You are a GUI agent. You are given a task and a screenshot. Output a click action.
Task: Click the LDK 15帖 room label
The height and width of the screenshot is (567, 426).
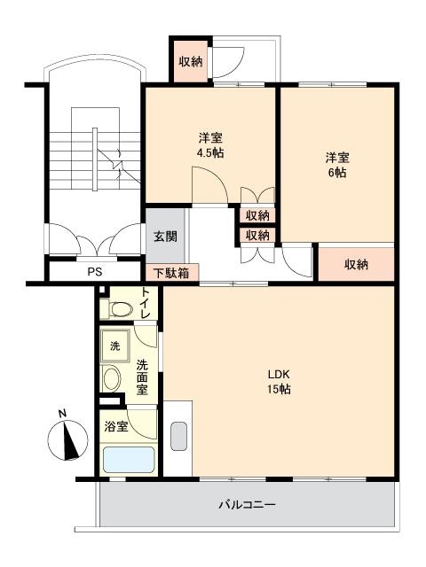pos(279,382)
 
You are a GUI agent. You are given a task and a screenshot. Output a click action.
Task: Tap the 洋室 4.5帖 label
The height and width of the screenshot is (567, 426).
pos(210,145)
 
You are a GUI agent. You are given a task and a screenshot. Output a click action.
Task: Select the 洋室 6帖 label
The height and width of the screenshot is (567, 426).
pos(337,166)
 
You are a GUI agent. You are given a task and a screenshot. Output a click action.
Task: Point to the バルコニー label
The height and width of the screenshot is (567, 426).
pos(247,504)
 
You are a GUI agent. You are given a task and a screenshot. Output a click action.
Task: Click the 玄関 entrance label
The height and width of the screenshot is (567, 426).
pos(166,237)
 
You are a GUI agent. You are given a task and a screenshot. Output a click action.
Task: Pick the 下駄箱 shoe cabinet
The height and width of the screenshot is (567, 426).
pos(172,272)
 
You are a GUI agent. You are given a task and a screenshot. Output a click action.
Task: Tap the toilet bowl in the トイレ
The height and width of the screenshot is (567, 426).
pos(116,309)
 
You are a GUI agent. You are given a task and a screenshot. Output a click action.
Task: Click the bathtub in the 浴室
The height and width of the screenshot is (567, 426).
pos(129,460)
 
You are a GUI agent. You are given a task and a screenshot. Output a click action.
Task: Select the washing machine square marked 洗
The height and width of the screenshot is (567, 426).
pos(115,346)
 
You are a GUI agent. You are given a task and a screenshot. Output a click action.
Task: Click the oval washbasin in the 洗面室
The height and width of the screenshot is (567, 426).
pos(111,378)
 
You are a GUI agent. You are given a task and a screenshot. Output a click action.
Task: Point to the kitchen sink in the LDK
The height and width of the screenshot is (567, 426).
pos(178,436)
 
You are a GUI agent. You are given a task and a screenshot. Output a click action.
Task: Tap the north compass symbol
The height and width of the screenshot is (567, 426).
pos(67,440)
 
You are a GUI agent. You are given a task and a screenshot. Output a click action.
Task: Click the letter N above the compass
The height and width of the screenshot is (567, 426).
pos(62,414)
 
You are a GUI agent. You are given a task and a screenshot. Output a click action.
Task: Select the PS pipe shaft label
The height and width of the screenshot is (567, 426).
pos(95,272)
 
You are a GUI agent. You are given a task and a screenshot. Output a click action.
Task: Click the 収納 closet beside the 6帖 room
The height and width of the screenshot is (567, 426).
pos(356,264)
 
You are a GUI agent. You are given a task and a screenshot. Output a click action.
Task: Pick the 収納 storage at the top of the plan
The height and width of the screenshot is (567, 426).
pos(191,62)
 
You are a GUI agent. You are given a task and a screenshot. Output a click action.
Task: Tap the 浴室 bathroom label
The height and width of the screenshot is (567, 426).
pos(116,426)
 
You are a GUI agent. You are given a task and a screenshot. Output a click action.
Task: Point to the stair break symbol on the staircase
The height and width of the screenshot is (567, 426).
pos(118,165)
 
